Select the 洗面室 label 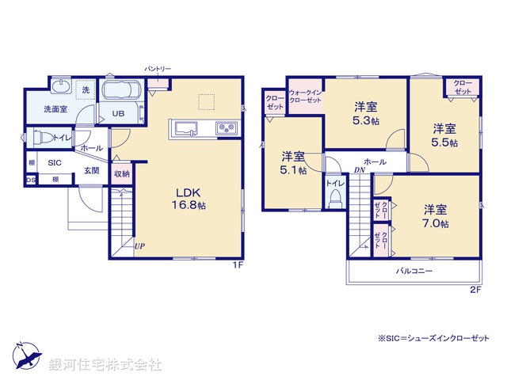(55, 109)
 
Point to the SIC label (55, 162)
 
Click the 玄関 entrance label (93, 170)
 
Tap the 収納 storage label (121, 173)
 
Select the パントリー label (157, 70)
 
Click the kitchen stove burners (225, 128)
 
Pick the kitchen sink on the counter (184, 128)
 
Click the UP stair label (139, 245)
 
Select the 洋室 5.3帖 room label (365, 112)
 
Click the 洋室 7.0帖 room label (435, 216)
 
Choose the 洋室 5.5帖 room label (444, 134)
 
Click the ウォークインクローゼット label (305, 96)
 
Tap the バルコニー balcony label (414, 271)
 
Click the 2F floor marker (475, 290)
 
